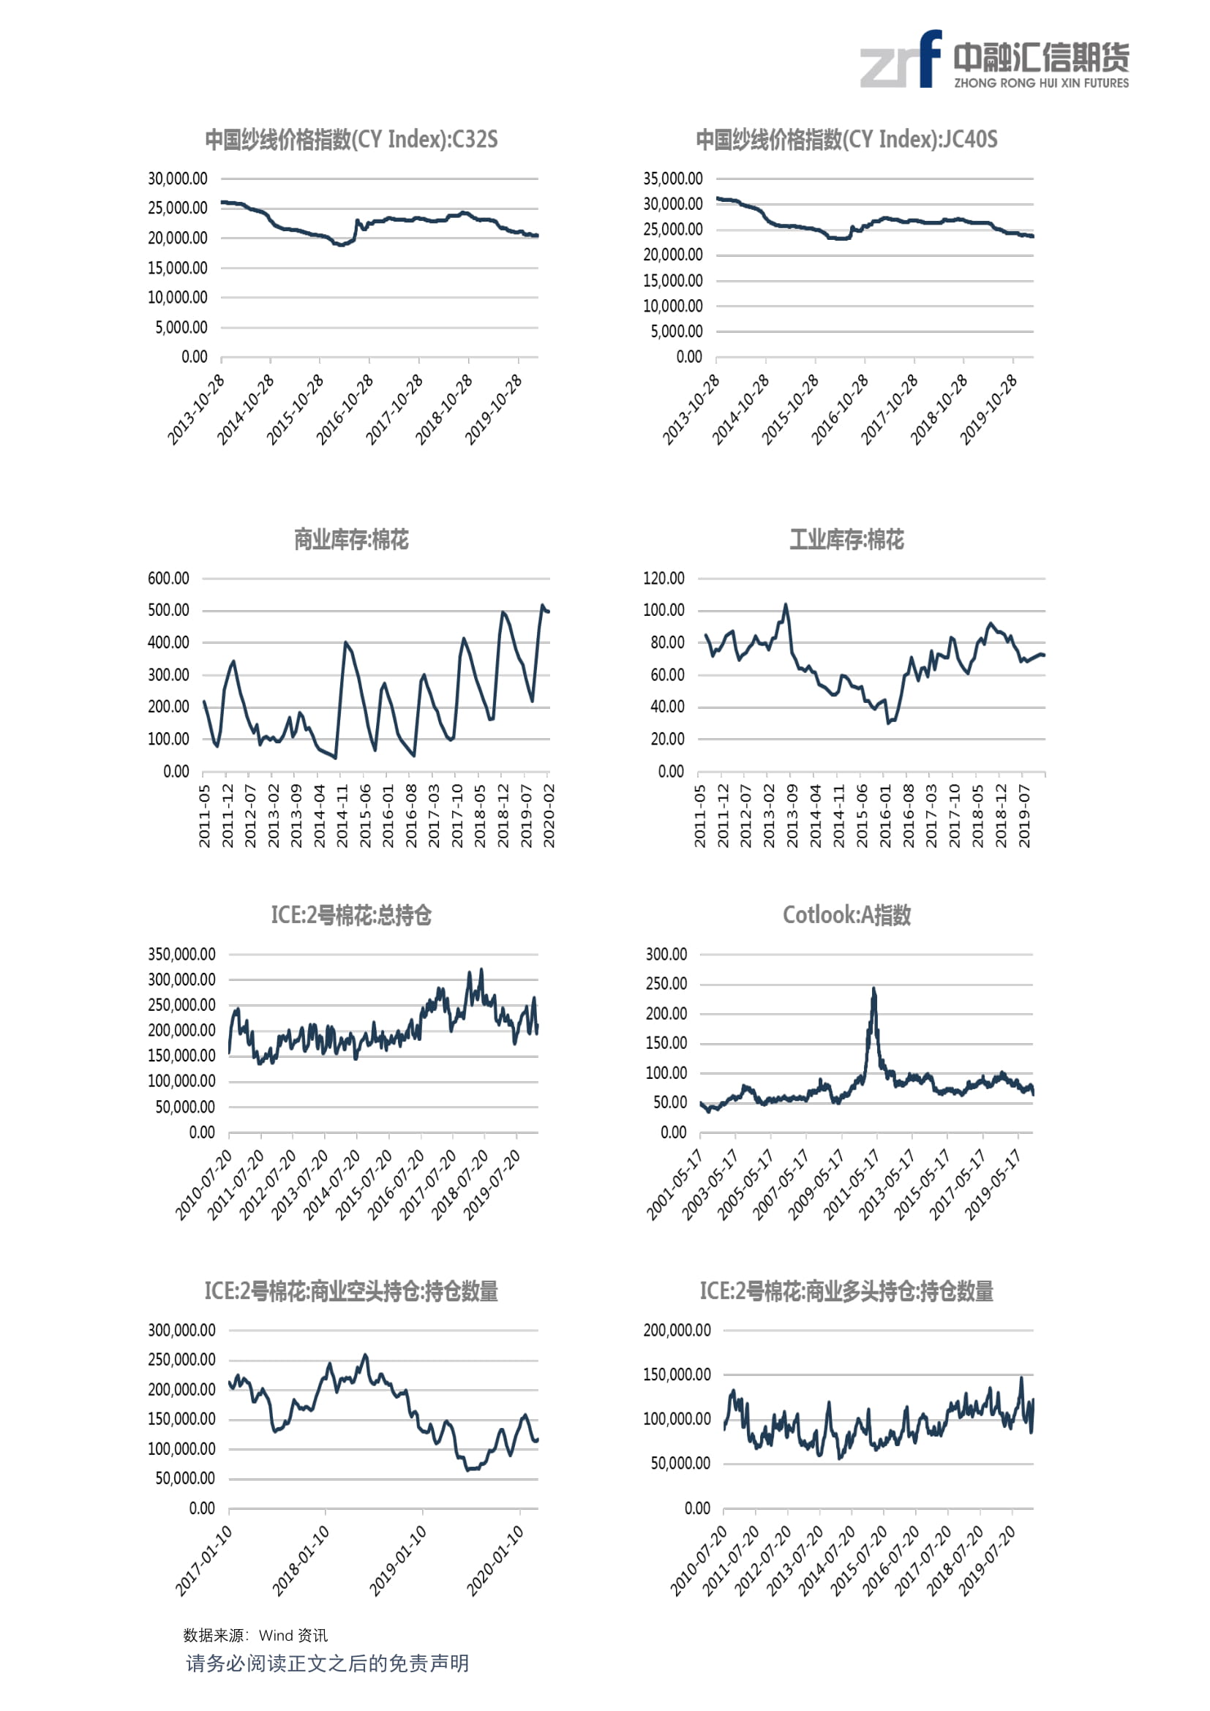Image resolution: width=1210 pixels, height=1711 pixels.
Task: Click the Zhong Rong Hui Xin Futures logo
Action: (995, 59)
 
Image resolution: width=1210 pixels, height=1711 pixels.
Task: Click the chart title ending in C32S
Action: (352, 140)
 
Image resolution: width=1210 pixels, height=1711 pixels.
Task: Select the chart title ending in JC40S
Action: (846, 140)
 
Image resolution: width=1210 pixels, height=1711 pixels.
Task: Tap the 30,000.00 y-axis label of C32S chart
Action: (177, 178)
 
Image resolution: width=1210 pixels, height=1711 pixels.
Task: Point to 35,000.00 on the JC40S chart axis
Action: (673, 178)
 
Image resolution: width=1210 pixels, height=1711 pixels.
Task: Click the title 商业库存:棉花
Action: (352, 540)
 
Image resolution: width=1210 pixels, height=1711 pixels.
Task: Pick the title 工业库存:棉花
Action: (847, 540)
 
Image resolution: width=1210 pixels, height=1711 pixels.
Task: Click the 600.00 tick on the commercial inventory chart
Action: (168, 579)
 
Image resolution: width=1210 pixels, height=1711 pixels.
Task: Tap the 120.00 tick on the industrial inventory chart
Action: (664, 579)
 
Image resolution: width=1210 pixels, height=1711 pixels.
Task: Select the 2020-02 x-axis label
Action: (549, 815)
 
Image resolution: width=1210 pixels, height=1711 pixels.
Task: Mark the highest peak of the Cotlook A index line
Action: (874, 988)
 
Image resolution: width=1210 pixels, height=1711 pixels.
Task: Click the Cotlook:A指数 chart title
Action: (847, 915)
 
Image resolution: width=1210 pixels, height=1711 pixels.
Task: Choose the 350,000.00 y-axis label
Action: (182, 955)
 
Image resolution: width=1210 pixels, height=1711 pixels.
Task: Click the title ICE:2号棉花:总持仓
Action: (352, 915)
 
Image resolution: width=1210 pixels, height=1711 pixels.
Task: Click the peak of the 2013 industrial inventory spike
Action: (785, 604)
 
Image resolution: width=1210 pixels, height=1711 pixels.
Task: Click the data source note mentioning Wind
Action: (255, 1635)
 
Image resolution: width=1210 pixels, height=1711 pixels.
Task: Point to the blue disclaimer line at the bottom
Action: (327, 1664)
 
